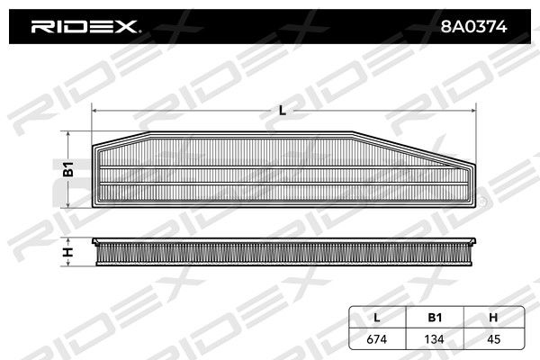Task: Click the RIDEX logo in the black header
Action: tap(85, 26)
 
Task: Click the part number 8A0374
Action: tap(473, 26)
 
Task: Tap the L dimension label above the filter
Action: tap(283, 111)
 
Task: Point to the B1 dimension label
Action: tap(68, 169)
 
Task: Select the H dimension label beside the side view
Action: tap(68, 252)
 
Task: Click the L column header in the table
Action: tap(377, 318)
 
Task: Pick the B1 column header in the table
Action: tap(435, 318)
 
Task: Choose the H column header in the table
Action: tap(493, 318)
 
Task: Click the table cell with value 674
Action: tap(377, 339)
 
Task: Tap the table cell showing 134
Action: tap(435, 339)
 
